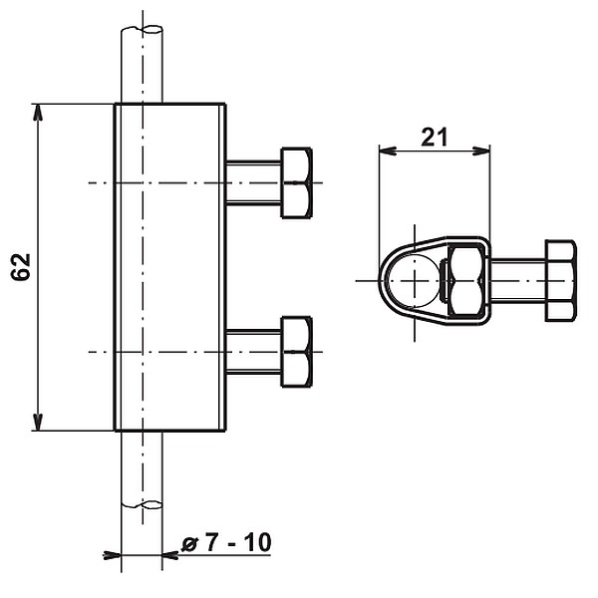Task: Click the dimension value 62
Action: (22, 266)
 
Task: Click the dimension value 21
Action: (434, 138)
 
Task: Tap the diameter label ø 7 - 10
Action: (226, 543)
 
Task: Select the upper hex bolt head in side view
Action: (297, 182)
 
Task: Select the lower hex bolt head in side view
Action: (297, 352)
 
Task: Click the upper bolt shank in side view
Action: (254, 182)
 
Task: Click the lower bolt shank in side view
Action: (254, 352)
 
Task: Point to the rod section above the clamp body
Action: (142, 65)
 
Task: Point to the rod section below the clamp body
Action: (142, 468)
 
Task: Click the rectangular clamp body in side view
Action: (169, 267)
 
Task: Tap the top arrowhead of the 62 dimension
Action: (39, 112)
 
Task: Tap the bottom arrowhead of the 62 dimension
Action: (39, 422)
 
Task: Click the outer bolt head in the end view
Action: (560, 280)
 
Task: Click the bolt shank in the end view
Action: (518, 280)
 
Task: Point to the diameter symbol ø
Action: (189, 543)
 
